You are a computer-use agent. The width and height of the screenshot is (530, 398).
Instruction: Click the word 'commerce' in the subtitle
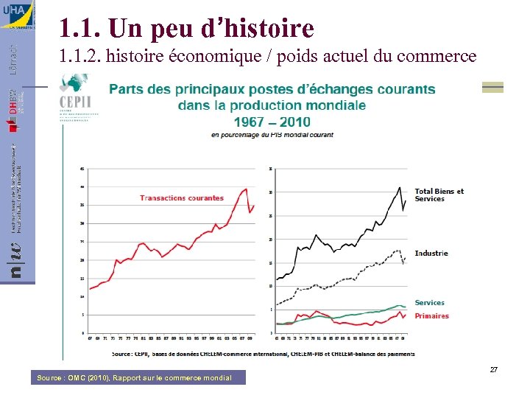pos(439,56)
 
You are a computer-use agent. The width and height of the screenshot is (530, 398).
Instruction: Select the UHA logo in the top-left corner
pos(17,15)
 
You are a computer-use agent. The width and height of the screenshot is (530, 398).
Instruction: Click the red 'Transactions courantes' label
pos(182,198)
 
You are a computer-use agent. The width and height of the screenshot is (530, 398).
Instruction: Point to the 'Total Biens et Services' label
pos(439,195)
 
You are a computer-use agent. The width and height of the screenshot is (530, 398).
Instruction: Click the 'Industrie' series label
pos(431,253)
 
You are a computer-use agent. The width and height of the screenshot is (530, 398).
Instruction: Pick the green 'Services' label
pos(429,303)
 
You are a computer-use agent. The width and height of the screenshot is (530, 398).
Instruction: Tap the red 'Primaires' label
pos(431,316)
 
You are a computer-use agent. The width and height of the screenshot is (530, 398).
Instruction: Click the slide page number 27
pos(494,369)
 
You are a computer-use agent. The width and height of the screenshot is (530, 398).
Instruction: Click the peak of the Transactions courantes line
pos(246,189)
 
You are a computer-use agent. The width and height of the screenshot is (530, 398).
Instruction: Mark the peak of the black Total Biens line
pos(400,187)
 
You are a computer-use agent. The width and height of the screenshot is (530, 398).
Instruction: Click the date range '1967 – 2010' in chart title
pos(272,122)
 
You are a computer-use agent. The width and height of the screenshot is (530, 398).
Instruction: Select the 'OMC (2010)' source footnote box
pos(141,378)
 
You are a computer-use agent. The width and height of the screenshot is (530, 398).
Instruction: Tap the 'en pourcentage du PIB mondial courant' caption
pos(272,135)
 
